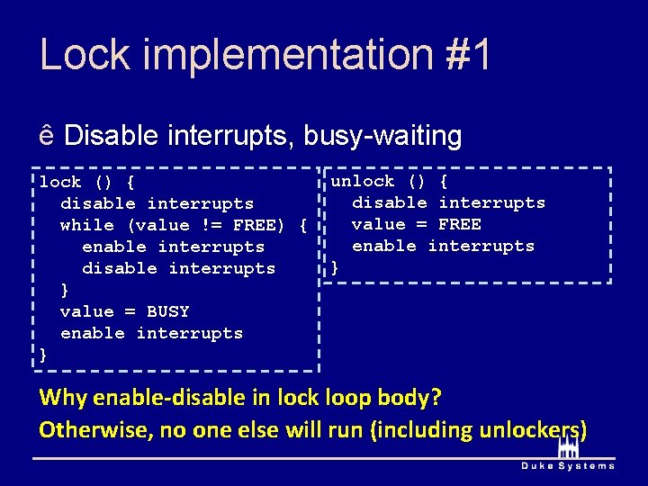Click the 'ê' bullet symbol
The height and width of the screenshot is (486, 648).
click(x=47, y=137)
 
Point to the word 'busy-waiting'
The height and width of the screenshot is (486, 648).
click(x=382, y=137)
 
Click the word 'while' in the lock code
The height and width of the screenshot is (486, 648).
click(x=87, y=225)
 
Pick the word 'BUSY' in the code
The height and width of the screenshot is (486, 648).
click(x=168, y=311)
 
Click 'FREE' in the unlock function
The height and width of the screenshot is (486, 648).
click(x=459, y=224)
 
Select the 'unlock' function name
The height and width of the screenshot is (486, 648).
click(x=363, y=181)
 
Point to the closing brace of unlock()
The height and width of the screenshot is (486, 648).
click(x=336, y=267)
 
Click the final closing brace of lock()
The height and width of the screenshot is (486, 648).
click(x=43, y=355)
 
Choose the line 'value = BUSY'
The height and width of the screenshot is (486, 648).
click(x=124, y=311)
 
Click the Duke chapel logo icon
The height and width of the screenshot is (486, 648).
click(x=567, y=446)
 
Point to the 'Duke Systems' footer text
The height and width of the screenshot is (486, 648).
click(x=568, y=465)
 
